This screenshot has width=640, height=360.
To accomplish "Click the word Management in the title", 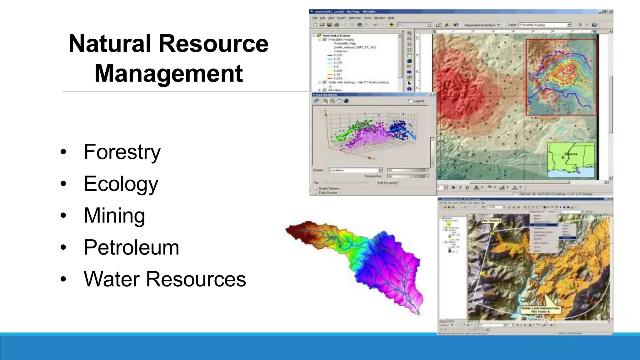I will (x=168, y=73).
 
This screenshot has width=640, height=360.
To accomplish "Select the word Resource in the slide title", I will (x=213, y=43).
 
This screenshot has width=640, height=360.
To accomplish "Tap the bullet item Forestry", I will (x=122, y=152).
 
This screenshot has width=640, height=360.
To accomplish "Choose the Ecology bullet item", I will (x=121, y=184).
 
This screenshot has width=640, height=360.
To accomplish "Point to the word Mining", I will (x=114, y=216).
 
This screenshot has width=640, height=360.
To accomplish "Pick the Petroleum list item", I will (x=131, y=247).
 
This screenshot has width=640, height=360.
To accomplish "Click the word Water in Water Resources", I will (x=111, y=279).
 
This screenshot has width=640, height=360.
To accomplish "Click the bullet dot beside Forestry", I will (x=63, y=152).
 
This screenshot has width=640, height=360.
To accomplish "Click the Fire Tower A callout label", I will (x=491, y=221).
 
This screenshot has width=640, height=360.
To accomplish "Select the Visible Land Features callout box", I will (x=540, y=310).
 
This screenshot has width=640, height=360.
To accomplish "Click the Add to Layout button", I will (x=387, y=182).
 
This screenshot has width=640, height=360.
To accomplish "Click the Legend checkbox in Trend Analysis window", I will (x=411, y=101).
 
